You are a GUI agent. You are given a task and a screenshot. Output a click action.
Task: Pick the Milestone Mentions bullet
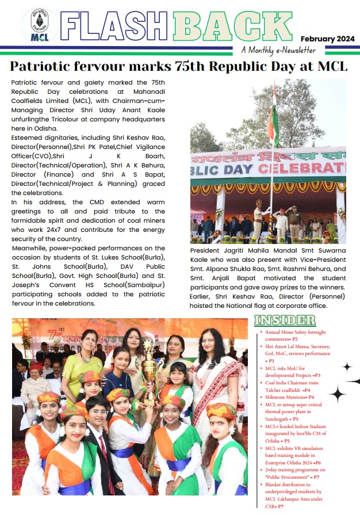pyautogui.click(x=289, y=397)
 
